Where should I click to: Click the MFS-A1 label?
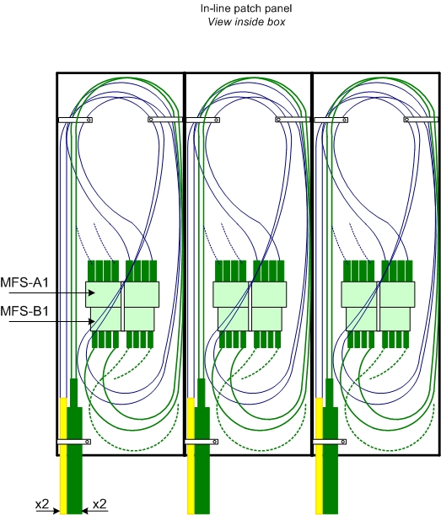point(24,282)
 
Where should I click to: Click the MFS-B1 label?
point(24,311)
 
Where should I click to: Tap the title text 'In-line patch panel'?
point(246,8)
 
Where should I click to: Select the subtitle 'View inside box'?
point(246,22)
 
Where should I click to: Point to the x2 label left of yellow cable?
point(42,504)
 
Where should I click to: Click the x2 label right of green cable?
point(99,504)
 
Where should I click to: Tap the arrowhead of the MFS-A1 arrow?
point(93,292)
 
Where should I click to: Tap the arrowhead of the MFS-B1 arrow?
point(92,321)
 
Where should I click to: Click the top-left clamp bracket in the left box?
point(75,120)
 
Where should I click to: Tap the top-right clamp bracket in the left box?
point(165,120)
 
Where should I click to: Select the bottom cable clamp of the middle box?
point(202,442)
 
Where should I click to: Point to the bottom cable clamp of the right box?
point(329,442)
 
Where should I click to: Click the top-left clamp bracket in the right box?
point(331,120)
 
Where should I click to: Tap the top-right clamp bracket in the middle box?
point(293,120)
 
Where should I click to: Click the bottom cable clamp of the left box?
point(74,442)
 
